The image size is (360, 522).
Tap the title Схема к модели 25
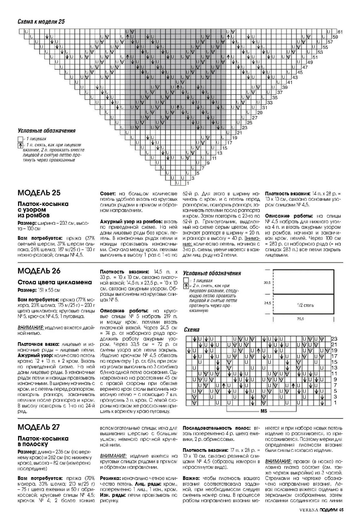click(x=41, y=21)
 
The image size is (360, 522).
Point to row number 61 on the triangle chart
click(x=340, y=32)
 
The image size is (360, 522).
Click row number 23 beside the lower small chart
click(x=334, y=339)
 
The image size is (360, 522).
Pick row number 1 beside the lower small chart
click(x=334, y=403)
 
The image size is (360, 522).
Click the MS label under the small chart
click(x=263, y=411)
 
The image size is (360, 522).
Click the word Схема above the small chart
click(x=192, y=330)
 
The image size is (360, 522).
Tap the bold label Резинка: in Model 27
click(x=110, y=477)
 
